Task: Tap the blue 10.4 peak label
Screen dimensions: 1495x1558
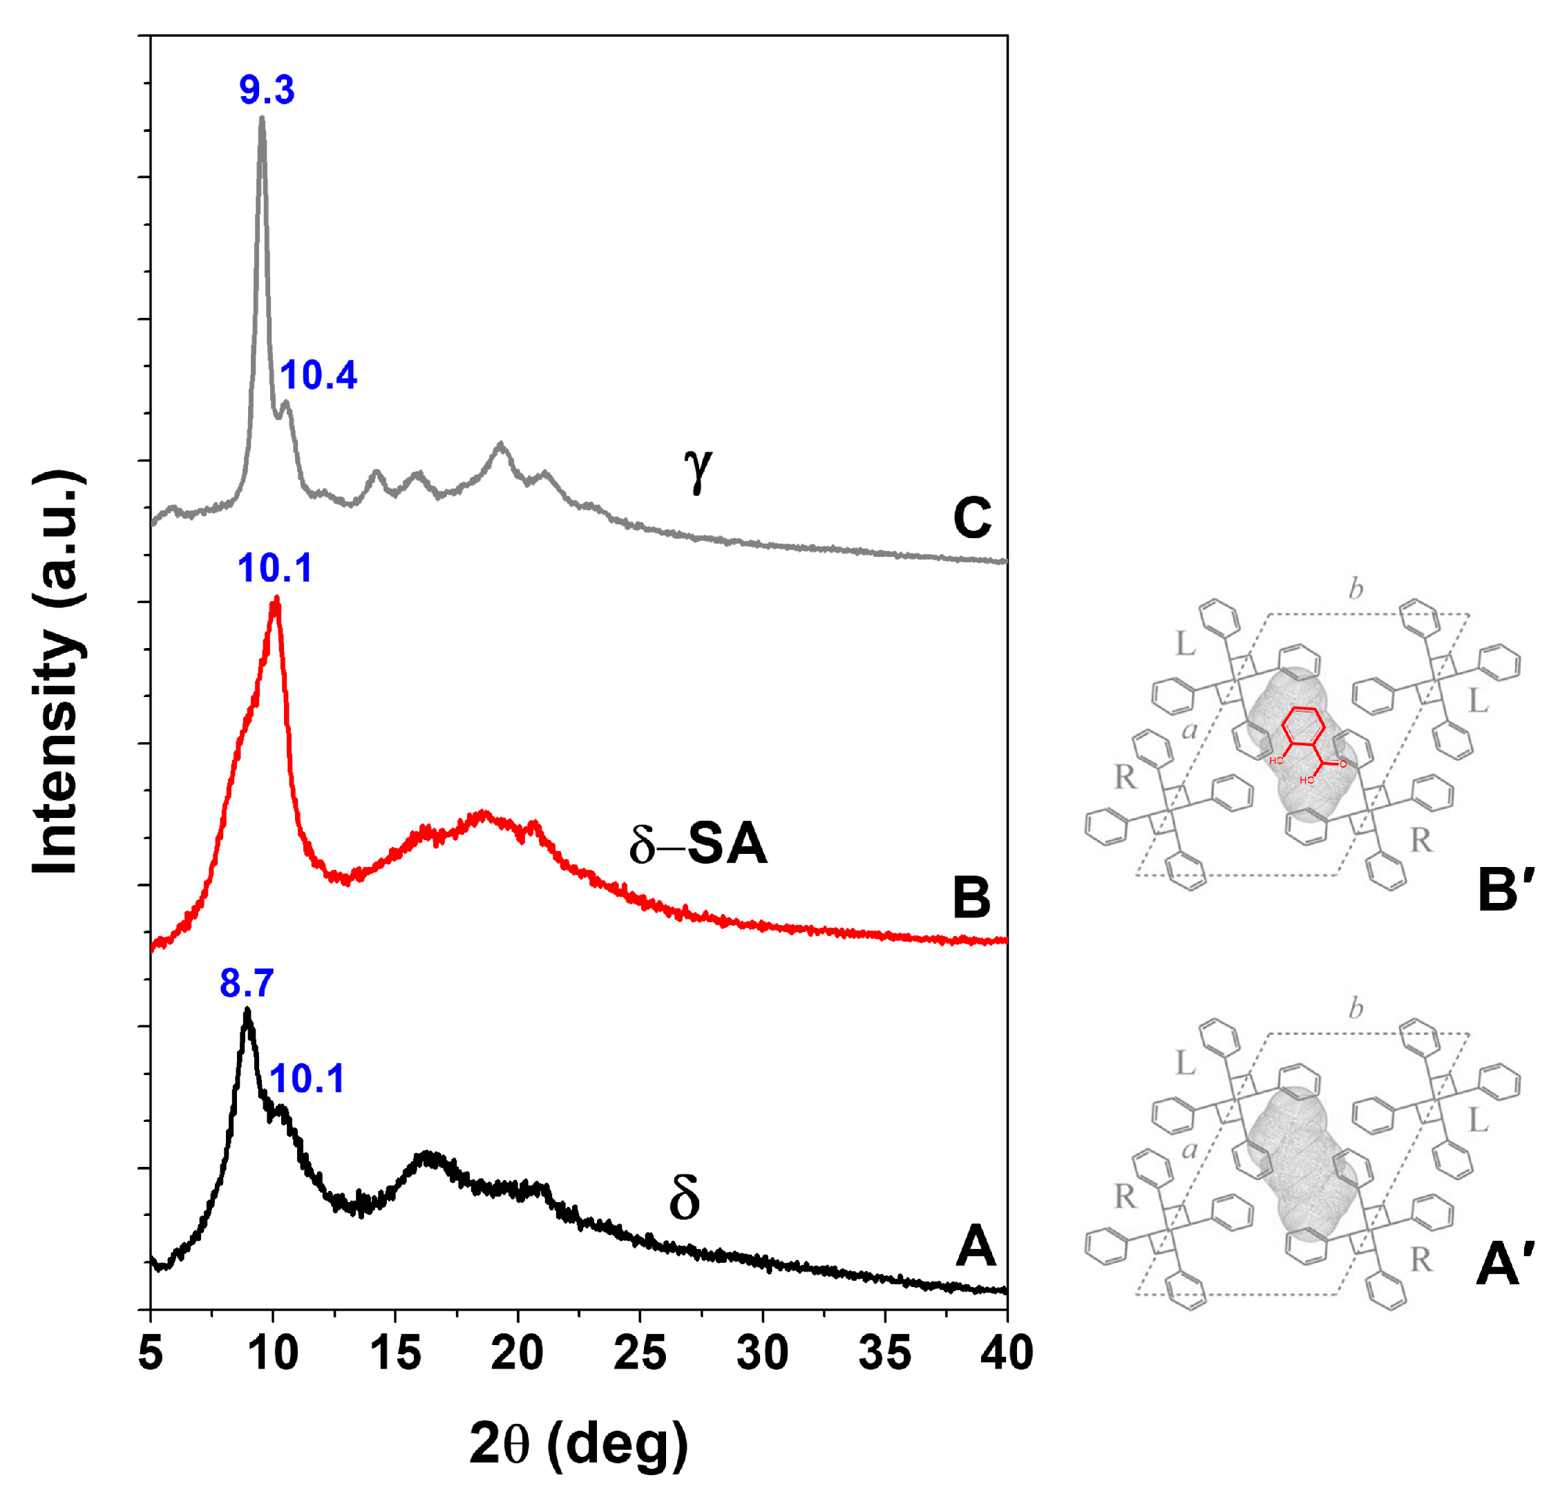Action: (318, 374)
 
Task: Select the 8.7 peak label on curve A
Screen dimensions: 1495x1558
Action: (247, 983)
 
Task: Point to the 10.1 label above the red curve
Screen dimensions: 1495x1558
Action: (275, 569)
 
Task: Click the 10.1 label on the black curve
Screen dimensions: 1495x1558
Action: (307, 1078)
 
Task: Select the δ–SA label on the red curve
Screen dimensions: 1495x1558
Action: (698, 844)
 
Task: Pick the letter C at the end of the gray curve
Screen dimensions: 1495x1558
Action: (971, 517)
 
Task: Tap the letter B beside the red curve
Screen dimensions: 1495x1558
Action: (971, 897)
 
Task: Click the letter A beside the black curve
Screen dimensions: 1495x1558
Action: (976, 1246)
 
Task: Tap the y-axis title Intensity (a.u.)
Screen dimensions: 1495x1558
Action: (57, 672)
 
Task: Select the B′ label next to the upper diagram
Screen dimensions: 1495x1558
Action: (1505, 891)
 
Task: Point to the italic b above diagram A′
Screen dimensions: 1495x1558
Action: (1356, 1009)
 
